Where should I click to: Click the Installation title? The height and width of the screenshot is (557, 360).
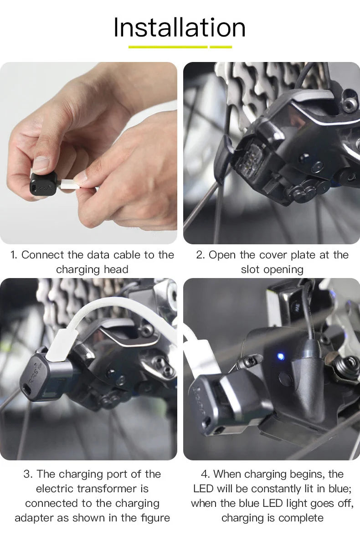[x=180, y=27]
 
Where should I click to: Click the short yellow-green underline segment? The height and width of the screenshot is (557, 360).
[x=221, y=47]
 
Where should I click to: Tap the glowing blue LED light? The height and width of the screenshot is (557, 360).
[x=281, y=357]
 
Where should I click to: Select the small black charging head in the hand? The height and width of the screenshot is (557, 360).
[x=43, y=184]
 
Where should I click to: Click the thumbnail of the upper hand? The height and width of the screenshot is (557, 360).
[x=41, y=164]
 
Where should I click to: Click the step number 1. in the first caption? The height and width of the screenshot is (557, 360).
[x=14, y=255]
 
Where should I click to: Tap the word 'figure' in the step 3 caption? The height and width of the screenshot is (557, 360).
[x=156, y=518]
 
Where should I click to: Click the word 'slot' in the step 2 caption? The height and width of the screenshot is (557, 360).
[x=250, y=269]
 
